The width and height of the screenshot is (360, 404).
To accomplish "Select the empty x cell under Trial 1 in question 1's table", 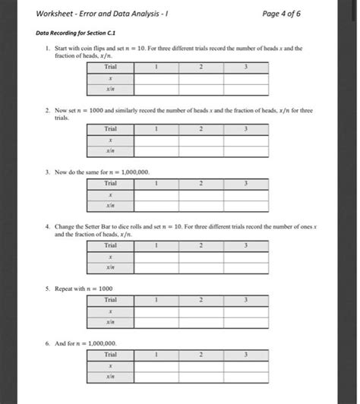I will tap(156, 78).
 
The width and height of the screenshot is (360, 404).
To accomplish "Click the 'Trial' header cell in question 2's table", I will tap(111, 128).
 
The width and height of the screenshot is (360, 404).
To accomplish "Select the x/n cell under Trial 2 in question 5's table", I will tap(201, 323).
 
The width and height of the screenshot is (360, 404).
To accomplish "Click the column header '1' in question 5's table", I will tap(156, 301).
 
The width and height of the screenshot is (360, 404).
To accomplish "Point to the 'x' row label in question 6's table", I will tap(111, 365).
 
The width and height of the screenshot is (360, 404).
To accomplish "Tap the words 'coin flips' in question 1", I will tap(87, 47).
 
